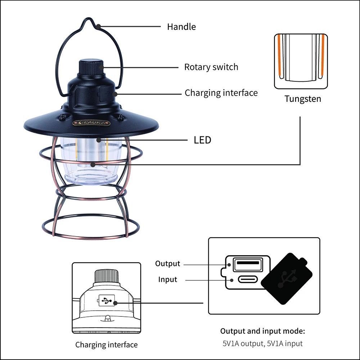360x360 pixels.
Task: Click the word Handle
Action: coord(181,27)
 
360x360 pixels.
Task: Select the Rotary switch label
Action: coord(211,67)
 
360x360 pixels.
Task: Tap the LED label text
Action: coord(202,140)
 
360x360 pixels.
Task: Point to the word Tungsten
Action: coord(303,99)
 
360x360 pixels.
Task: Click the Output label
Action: coord(167,264)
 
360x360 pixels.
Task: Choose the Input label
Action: coord(168,279)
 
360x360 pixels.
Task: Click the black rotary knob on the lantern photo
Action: coord(91,67)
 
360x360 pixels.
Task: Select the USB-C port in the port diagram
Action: coord(247,279)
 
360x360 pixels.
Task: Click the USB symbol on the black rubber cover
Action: coord(287,278)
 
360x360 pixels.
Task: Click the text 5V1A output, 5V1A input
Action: coord(262,343)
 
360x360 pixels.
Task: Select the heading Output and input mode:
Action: coord(262,331)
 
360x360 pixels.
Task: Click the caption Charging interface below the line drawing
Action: coord(106,345)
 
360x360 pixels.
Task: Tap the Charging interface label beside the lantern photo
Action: coord(221,93)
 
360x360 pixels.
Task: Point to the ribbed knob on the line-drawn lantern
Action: coord(106,276)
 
